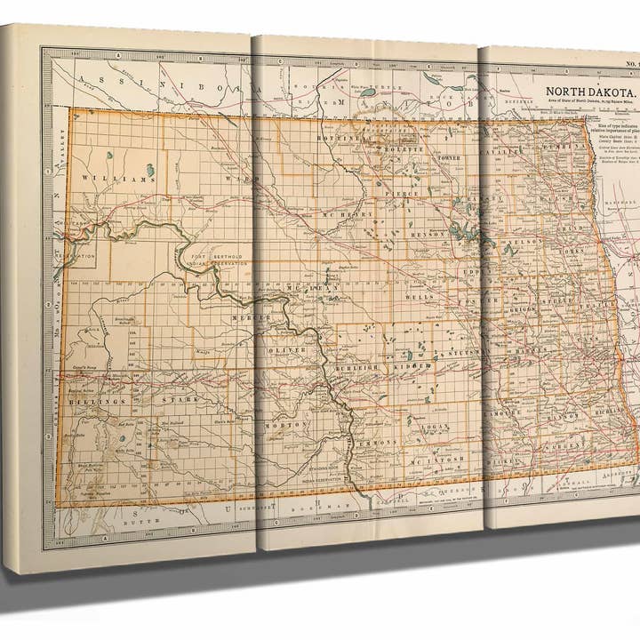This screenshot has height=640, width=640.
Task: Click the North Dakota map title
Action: click(589, 92)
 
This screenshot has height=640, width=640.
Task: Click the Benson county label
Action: click(431, 234)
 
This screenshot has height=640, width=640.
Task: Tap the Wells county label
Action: click(418, 297)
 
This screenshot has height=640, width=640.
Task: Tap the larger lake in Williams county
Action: click(149, 170)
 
